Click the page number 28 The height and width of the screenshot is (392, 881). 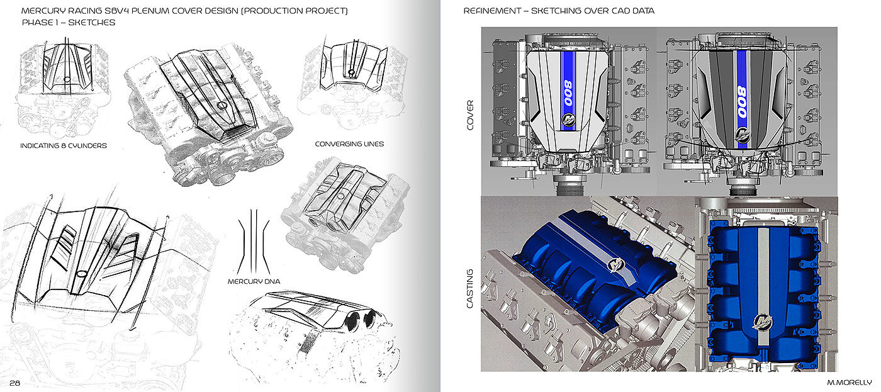coord(14,383)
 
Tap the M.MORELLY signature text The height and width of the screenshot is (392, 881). coord(849,382)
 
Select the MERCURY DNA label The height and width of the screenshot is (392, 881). coord(254,281)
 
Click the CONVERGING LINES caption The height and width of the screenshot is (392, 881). coord(349,144)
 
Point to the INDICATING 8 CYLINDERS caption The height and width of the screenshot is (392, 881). coord(64,145)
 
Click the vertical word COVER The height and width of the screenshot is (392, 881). coord(470,115)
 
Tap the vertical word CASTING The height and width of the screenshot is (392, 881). coord(470,289)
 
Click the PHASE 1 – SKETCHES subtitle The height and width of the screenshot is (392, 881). coord(69,23)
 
